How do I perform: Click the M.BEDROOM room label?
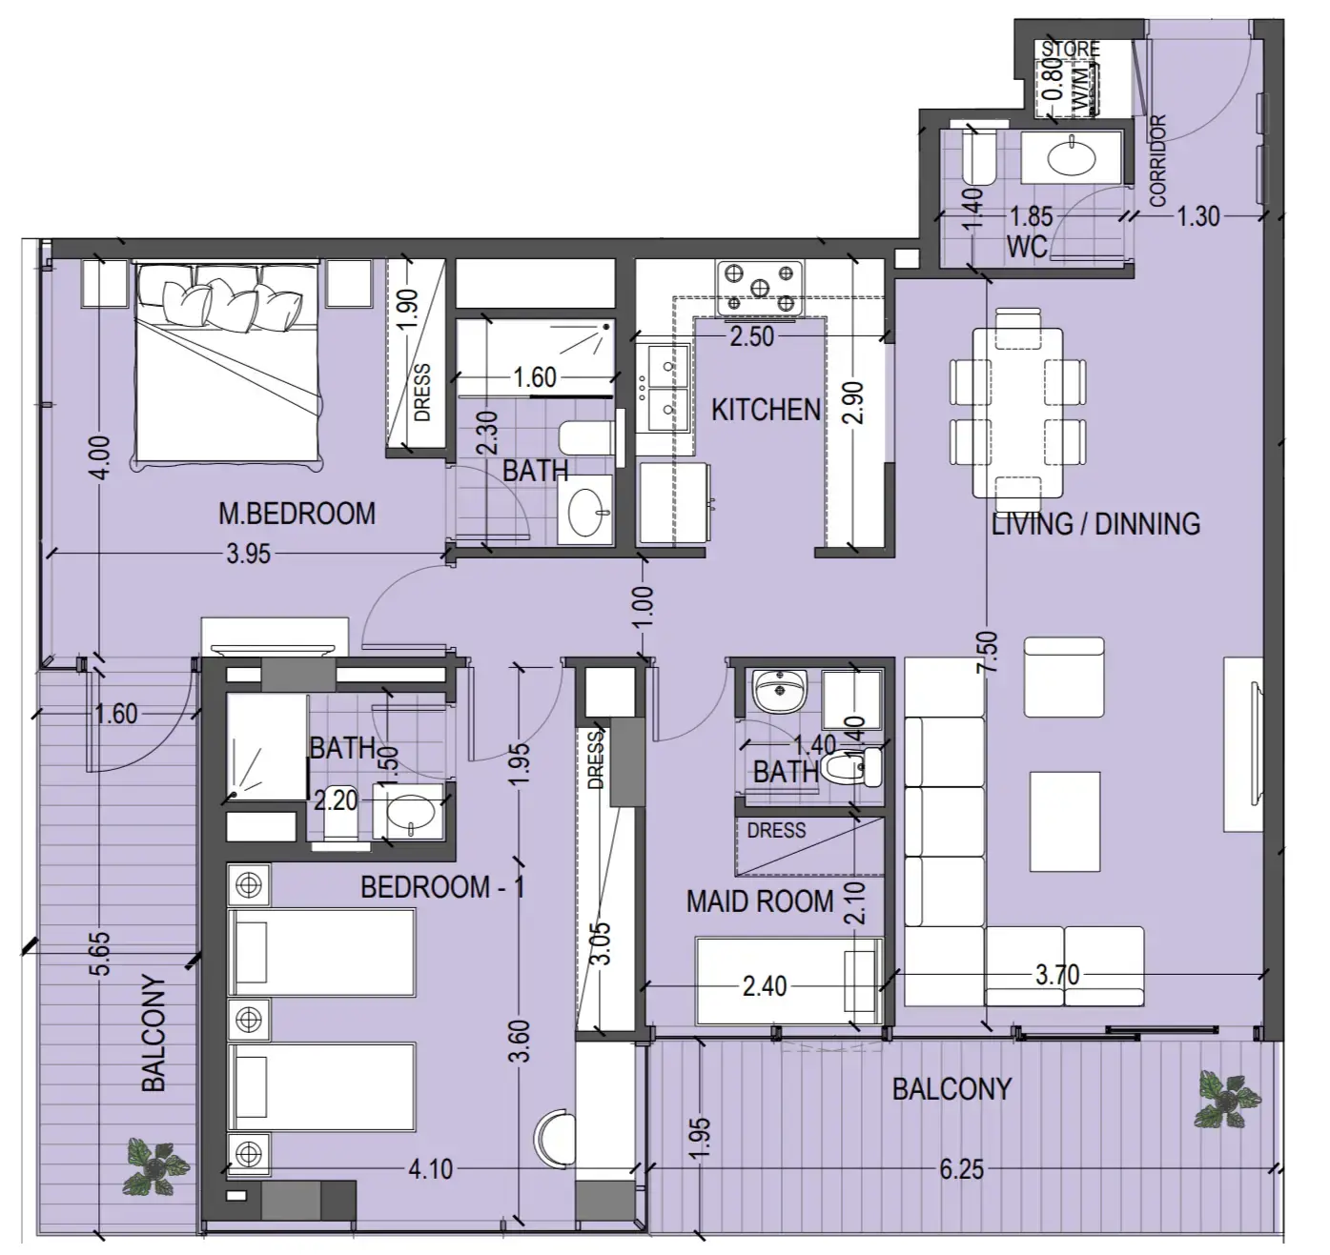(297, 514)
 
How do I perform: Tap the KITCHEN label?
(766, 410)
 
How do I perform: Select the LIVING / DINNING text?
(1095, 523)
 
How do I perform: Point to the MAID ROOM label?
(760, 901)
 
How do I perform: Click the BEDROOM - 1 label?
(442, 887)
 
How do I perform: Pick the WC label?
(1027, 247)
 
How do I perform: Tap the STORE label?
(1070, 49)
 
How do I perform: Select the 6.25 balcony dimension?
(960, 1168)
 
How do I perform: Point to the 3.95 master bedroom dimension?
(249, 554)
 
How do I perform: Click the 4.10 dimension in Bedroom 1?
(430, 1168)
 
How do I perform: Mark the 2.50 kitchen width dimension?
(751, 335)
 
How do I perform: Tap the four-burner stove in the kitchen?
(759, 287)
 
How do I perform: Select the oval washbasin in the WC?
(1073, 158)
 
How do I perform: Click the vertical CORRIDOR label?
(1157, 161)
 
